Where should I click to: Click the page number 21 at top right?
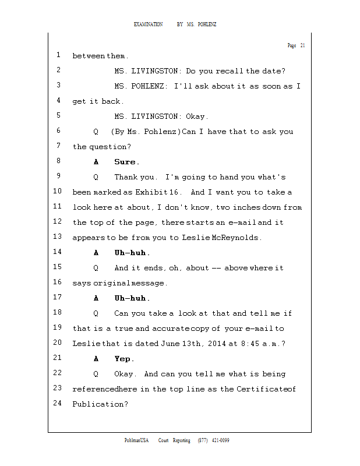click(x=302, y=45)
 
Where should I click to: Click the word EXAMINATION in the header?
click(x=148, y=24)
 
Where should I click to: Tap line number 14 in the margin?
click(x=57, y=252)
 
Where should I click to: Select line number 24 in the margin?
click(x=57, y=403)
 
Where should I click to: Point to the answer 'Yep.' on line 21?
click(x=124, y=359)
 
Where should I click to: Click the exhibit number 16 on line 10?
click(x=177, y=192)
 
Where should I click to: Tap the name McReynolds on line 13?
click(x=235, y=238)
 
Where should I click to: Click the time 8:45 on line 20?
click(x=249, y=344)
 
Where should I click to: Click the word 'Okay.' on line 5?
click(x=196, y=116)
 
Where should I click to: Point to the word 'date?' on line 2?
click(x=274, y=71)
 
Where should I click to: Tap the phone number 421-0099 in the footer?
click(x=220, y=440)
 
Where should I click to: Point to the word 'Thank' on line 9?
click(x=125, y=177)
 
